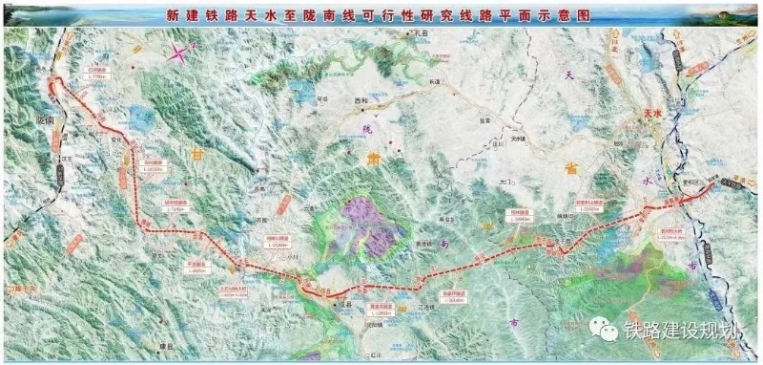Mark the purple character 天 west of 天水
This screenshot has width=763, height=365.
pyautogui.click(x=571, y=74)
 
